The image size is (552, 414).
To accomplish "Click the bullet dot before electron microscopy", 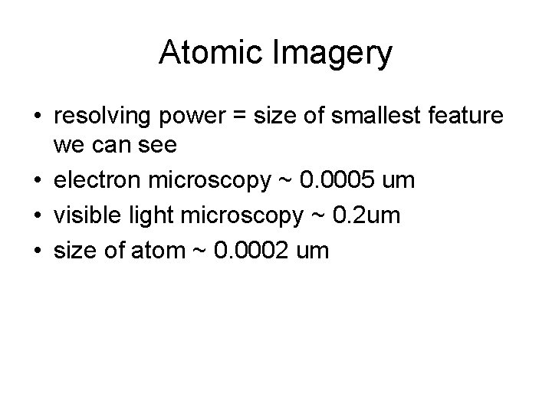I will point(37,181).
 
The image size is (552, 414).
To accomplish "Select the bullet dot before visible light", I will point(37,215).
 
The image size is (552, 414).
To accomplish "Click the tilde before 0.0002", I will point(205,249).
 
